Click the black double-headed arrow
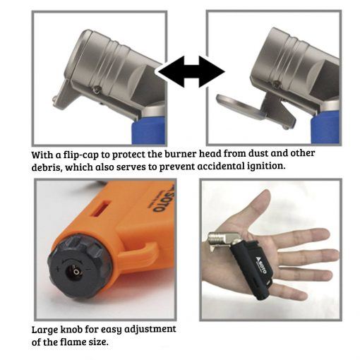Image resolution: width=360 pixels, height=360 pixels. click(x=191, y=71)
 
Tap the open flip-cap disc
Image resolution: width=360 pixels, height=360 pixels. click(x=240, y=106)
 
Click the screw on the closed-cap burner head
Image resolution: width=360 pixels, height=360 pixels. click(x=97, y=89)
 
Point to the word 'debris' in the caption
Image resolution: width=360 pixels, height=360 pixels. click(x=47, y=168)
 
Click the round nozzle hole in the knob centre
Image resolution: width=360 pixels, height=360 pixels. click(x=75, y=272)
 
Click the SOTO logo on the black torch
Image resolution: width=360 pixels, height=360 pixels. click(x=260, y=266)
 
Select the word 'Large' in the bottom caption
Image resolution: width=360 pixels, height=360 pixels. click(x=44, y=330)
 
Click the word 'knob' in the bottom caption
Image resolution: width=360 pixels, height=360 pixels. click(x=72, y=329)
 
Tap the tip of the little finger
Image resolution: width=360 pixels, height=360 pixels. click(x=304, y=296)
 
